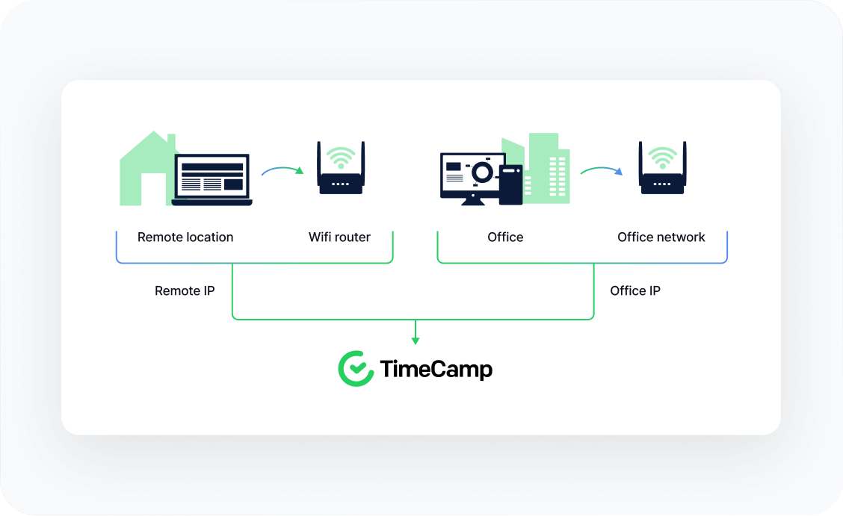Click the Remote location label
185,237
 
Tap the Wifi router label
339,237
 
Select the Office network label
661,237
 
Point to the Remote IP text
185,291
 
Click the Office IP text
635,291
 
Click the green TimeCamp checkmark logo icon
355,369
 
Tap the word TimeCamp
436,370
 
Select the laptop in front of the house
211,180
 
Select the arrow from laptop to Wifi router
282,170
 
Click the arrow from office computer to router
602,170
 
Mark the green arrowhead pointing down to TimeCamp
416,340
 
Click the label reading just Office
505,237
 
